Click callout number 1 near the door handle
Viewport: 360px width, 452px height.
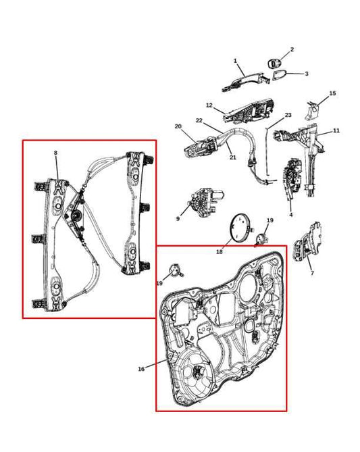pyautogui.click(x=235, y=61)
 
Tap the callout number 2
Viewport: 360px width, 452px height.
pyautogui.click(x=292, y=49)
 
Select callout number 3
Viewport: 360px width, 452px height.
pyautogui.click(x=306, y=74)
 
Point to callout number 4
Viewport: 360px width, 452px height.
pyautogui.click(x=290, y=215)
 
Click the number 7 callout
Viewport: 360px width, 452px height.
pyautogui.click(x=311, y=273)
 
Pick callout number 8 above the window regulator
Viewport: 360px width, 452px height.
pyautogui.click(x=55, y=153)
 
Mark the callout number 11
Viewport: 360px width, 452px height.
pyautogui.click(x=336, y=130)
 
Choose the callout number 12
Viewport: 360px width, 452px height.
pyautogui.click(x=209, y=105)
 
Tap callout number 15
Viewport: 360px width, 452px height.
pyautogui.click(x=332, y=93)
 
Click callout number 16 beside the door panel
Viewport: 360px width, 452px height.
pyautogui.click(x=141, y=369)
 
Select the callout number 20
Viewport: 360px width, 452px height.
pyautogui.click(x=178, y=126)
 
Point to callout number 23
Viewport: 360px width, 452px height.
pyautogui.click(x=288, y=116)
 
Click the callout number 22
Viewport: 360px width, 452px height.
pyautogui.click(x=199, y=120)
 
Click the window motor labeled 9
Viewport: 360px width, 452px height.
pyautogui.click(x=201, y=201)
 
